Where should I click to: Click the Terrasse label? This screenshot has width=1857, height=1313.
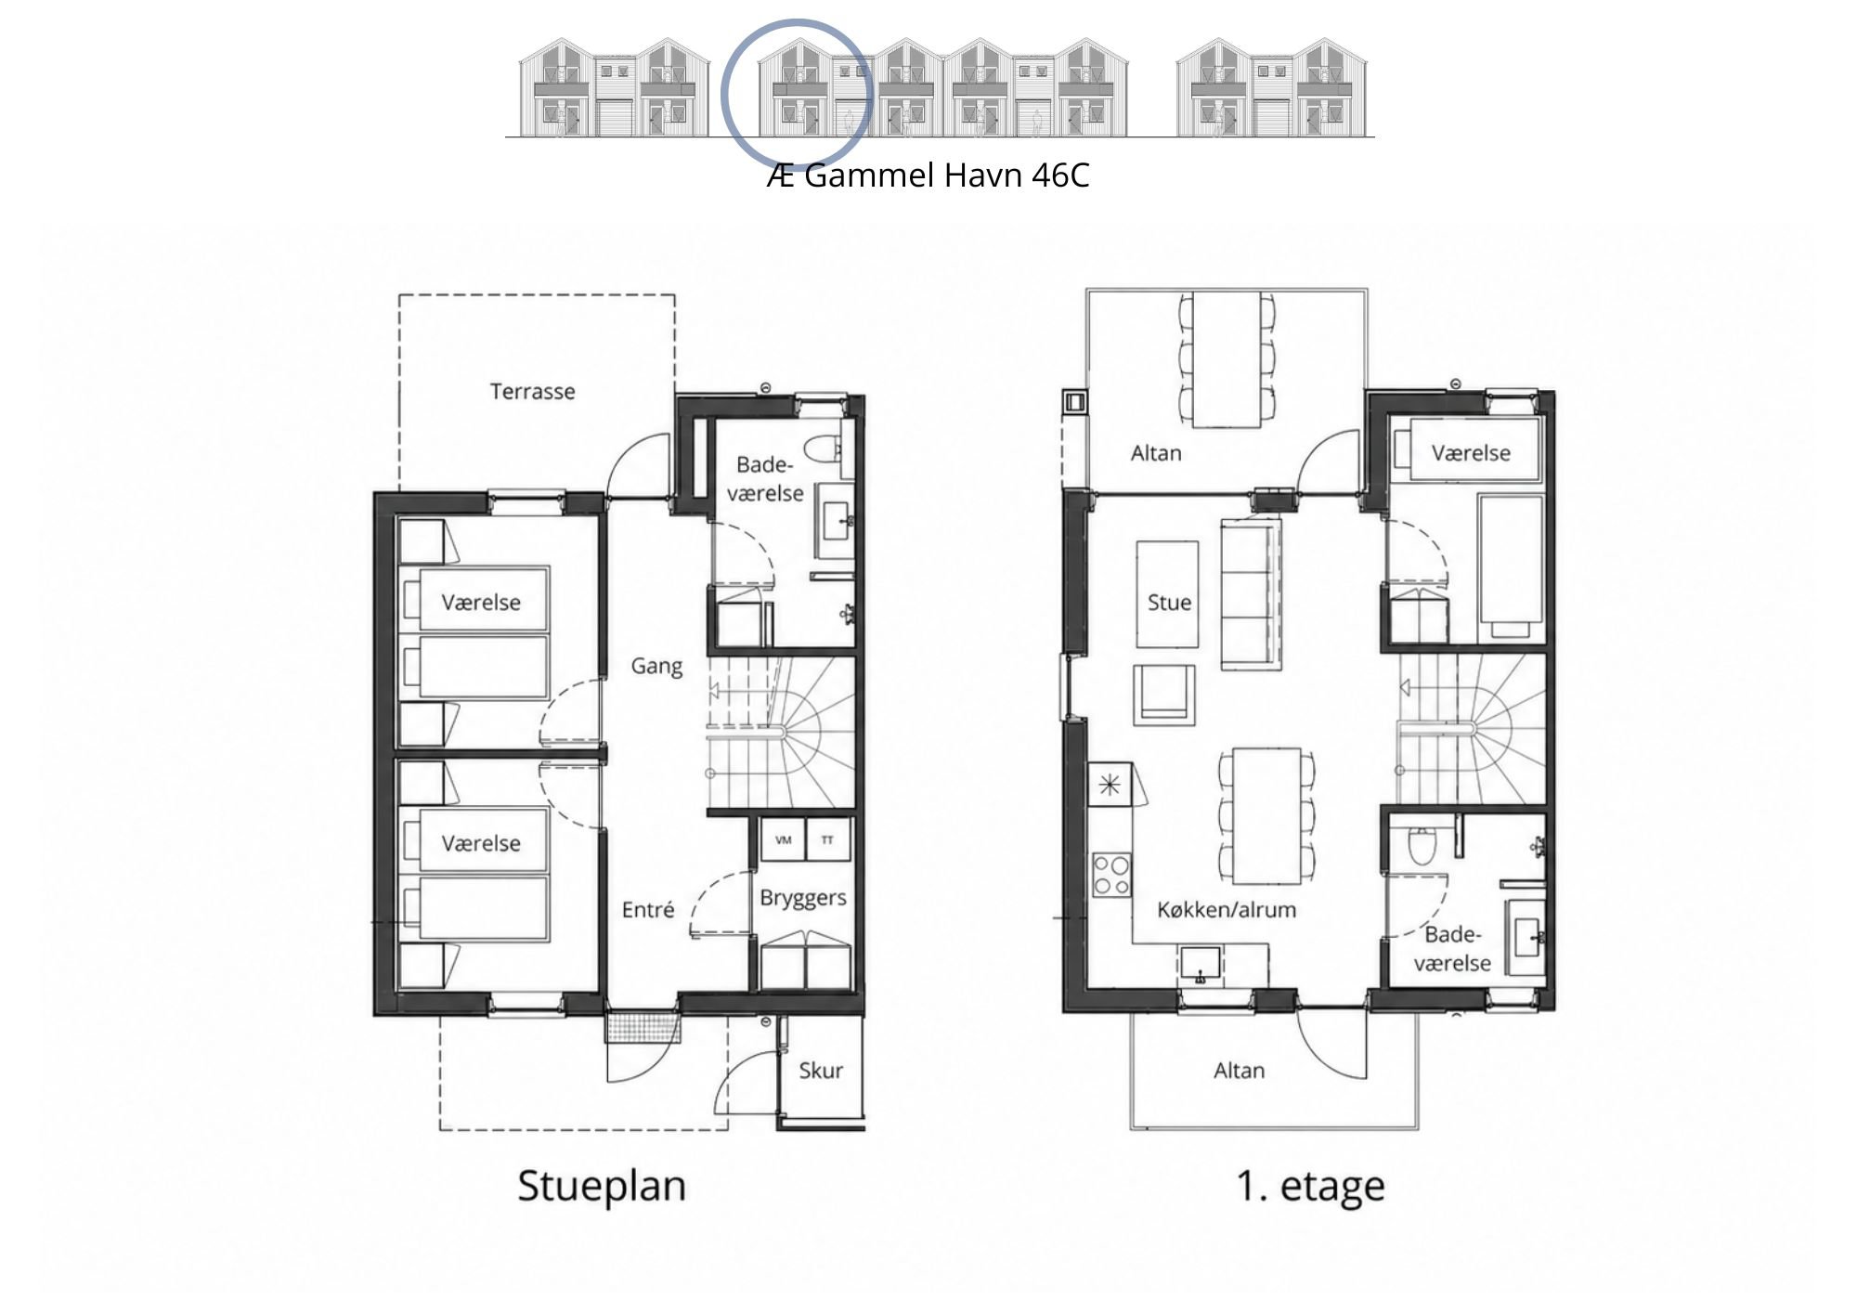(x=532, y=391)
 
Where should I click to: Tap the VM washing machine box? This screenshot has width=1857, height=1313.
(x=783, y=840)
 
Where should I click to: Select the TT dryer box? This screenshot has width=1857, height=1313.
(x=827, y=840)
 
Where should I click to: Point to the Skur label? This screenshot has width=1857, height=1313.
(x=821, y=1071)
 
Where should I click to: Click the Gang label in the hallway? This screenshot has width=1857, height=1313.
(x=656, y=667)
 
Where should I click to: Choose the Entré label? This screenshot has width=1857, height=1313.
(x=648, y=910)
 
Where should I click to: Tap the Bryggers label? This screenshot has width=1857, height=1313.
(x=803, y=898)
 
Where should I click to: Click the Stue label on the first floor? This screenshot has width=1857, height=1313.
(x=1169, y=603)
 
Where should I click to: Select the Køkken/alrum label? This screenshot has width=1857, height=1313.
(x=1227, y=910)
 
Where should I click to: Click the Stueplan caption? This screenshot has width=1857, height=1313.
(x=602, y=1187)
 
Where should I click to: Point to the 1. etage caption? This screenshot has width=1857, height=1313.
(x=1311, y=1187)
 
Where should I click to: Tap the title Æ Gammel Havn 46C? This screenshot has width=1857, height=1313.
(x=928, y=175)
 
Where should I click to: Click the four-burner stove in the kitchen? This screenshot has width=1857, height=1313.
(x=1111, y=875)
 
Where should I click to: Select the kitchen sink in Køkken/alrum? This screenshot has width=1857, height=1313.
(x=1201, y=966)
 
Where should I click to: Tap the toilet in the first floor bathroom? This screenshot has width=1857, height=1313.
(x=1422, y=843)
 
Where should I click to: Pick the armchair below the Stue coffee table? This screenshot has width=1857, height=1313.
(x=1163, y=695)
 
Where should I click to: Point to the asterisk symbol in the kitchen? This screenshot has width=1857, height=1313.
(x=1110, y=786)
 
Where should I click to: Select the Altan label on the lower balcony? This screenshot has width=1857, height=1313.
(x=1239, y=1071)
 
